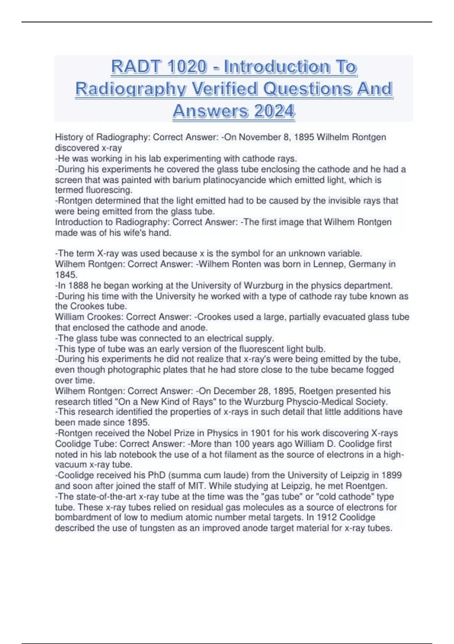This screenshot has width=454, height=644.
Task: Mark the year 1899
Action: [392, 475]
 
